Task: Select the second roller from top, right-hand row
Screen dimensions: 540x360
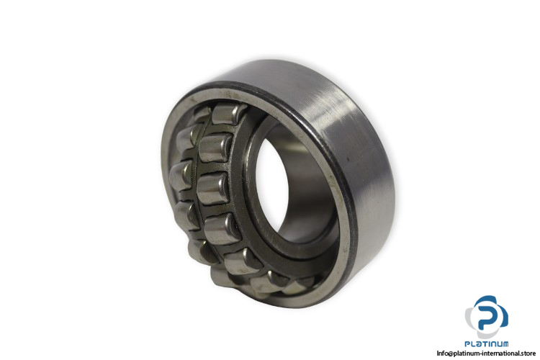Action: click(215, 148)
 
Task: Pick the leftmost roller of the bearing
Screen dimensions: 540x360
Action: click(180, 176)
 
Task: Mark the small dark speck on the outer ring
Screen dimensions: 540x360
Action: click(348, 159)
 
